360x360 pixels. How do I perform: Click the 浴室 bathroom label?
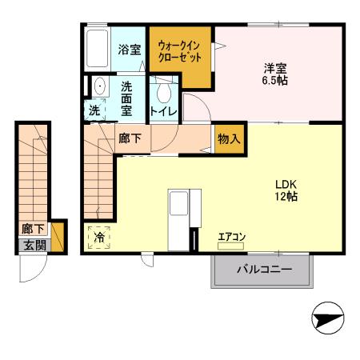point(129,50)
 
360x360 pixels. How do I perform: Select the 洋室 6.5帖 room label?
point(277,74)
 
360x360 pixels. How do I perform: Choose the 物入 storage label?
point(228,139)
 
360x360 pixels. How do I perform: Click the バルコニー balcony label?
point(262,270)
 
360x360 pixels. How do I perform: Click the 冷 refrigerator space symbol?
point(101,237)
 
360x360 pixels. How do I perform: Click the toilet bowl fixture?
point(163,90)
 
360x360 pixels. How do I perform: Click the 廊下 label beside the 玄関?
point(33,229)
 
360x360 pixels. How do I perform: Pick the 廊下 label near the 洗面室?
point(130,138)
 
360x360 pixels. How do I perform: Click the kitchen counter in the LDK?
point(178,219)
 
